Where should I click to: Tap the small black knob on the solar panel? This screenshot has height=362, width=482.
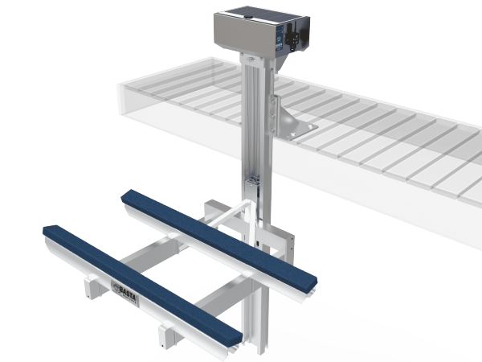tap(232, 12)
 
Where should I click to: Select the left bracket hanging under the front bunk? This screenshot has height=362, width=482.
tap(88, 286)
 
